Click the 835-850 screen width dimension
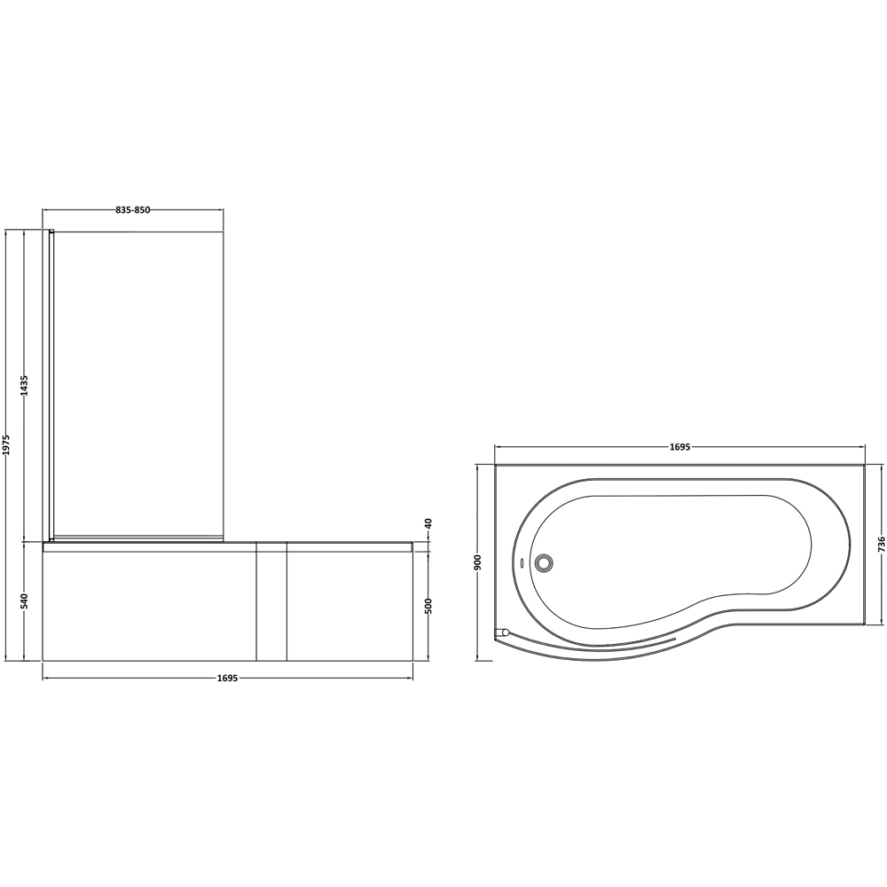pyautogui.click(x=133, y=210)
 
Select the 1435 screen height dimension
pyautogui.click(x=25, y=385)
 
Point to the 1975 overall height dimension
pyautogui.click(x=6, y=445)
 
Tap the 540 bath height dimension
pyautogui.click(x=25, y=600)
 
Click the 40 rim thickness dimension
pyautogui.click(x=428, y=524)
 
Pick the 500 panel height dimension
pyautogui.click(x=428, y=606)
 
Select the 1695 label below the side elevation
pyautogui.click(x=227, y=679)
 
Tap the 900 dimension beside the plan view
pyautogui.click(x=478, y=561)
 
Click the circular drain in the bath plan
pyautogui.click(x=543, y=561)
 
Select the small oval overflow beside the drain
pyautogui.click(x=521, y=561)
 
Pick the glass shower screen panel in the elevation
pyautogui.click(x=137, y=381)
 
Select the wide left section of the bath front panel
pyautogui.click(x=149, y=606)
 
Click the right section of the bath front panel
pyautogui.click(x=349, y=606)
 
